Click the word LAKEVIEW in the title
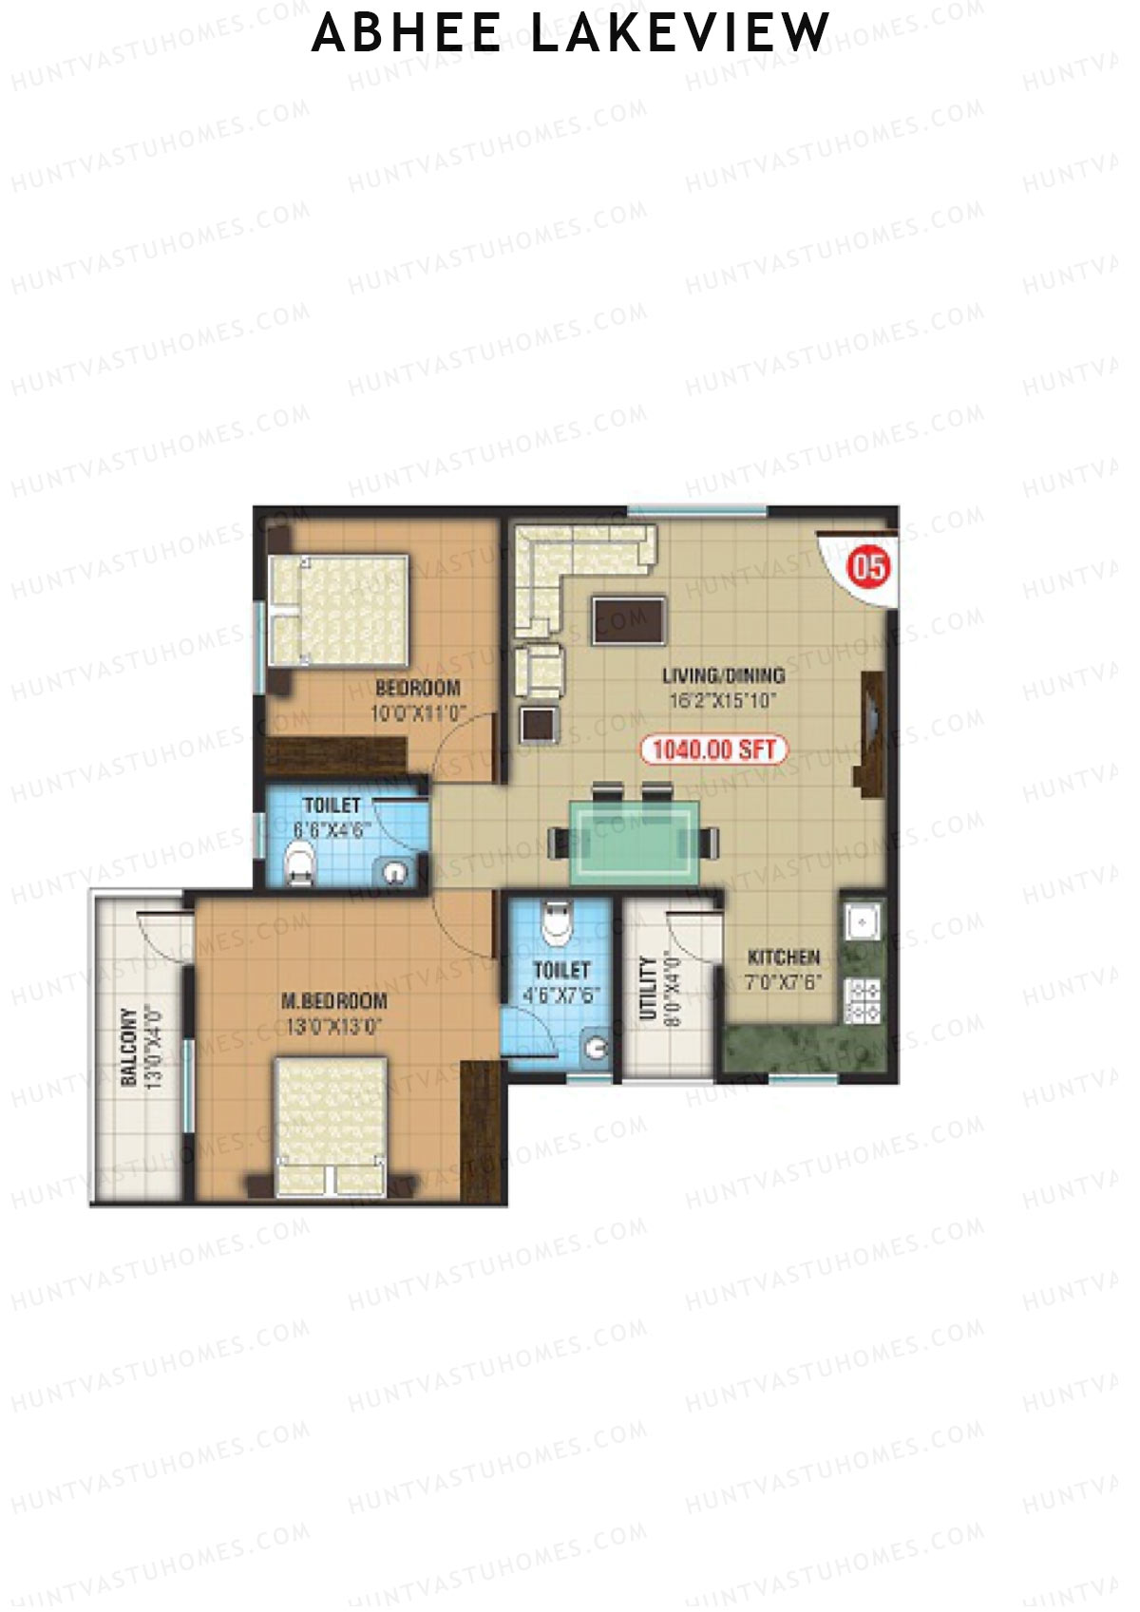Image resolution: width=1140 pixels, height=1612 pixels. pos(680,33)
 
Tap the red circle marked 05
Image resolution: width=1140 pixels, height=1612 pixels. pos(870,568)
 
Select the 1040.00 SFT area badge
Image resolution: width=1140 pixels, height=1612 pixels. pos(715,749)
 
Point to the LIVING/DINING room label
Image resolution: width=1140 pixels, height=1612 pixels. pos(723,676)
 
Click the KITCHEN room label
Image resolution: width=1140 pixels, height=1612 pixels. pos(784,957)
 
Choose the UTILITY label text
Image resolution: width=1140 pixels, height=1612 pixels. pos(648,988)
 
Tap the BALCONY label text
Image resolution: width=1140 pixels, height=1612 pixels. pos(130,1046)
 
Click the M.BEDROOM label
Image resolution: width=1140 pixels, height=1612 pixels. pos(334,1000)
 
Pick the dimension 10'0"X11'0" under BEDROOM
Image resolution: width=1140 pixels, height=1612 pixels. pos(417,711)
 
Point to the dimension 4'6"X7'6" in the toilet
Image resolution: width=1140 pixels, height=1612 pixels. pos(561,995)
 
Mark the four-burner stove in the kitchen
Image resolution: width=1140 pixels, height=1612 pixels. pos(863,1000)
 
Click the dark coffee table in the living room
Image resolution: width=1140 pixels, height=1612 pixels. pos(628,621)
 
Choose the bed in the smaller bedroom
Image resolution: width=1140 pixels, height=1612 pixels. pos(340,609)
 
